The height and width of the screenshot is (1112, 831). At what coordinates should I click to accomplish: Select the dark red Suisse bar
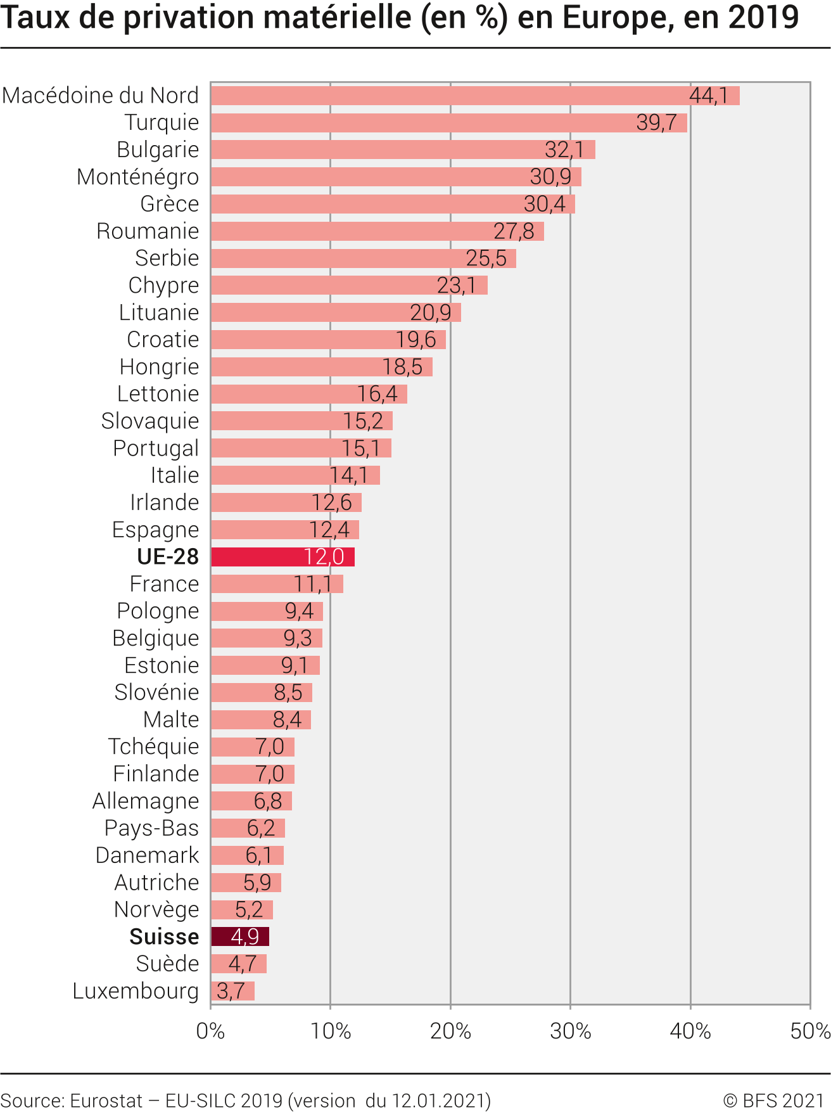point(239,936)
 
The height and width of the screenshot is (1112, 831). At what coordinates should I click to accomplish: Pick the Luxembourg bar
point(232,991)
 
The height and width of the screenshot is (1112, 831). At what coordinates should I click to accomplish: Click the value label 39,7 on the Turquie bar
point(656,122)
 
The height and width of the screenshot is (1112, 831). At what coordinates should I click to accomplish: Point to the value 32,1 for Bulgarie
point(564,150)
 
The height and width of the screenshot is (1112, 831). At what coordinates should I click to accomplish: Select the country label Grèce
point(169,204)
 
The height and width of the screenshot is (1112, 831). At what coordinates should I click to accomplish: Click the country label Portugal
point(156,448)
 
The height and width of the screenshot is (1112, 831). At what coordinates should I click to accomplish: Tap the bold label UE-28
point(168,557)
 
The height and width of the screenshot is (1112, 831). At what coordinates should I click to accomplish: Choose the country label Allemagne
point(146,801)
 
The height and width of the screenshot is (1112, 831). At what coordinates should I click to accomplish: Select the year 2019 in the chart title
point(763,18)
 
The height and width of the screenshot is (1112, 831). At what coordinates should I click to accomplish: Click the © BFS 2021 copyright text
point(773,1101)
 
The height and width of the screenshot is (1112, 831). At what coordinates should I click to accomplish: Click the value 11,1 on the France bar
point(312,584)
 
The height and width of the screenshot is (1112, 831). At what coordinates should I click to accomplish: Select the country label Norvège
point(156,909)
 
